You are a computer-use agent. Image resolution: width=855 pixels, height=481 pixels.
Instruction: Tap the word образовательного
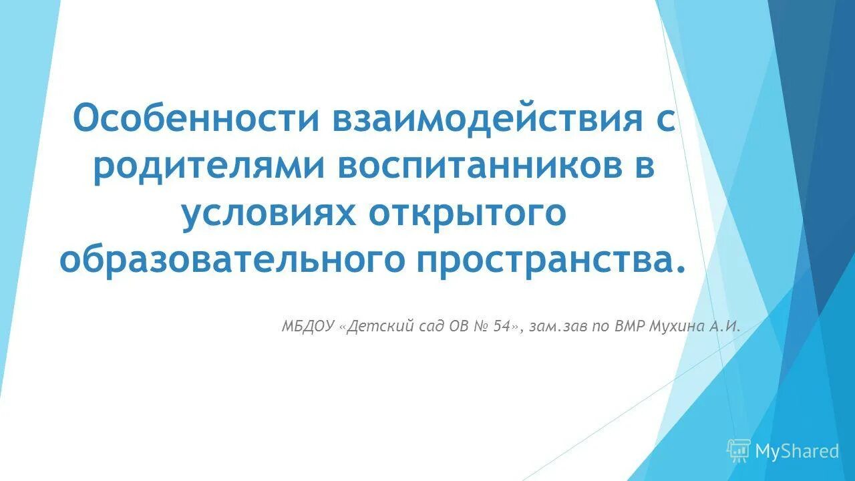(x=232, y=259)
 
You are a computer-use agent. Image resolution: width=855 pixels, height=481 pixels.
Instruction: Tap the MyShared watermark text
(x=797, y=452)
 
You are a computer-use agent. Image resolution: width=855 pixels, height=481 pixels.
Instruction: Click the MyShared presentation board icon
(x=739, y=451)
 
